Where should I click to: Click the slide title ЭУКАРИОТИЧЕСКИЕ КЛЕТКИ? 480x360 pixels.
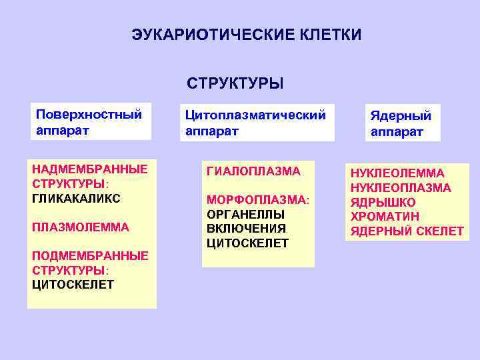pyautogui.click(x=246, y=35)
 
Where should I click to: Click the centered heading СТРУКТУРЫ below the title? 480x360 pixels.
pyautogui.click(x=235, y=84)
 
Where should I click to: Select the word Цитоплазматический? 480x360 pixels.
pyautogui.click(x=255, y=115)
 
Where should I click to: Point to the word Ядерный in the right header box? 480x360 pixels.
pyautogui.click(x=401, y=115)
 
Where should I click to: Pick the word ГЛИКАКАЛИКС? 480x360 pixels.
pyautogui.click(x=76, y=198)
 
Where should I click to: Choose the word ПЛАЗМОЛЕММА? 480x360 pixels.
pyautogui.click(x=80, y=227)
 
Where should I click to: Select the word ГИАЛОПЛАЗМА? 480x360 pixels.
pyautogui.click(x=254, y=171)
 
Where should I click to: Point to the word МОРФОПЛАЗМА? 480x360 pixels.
pyautogui.click(x=257, y=200)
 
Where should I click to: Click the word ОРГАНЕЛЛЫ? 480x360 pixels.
pyautogui.click(x=246, y=214)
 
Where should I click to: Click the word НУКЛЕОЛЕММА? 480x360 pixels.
pyautogui.click(x=397, y=173)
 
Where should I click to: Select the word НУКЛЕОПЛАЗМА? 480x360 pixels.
pyautogui.click(x=401, y=188)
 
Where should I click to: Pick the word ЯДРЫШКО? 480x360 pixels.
pyautogui.click(x=383, y=203)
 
